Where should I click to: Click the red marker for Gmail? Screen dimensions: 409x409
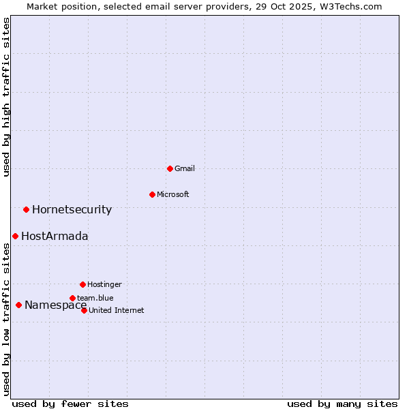point(170,168)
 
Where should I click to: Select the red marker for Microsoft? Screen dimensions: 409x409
point(152,194)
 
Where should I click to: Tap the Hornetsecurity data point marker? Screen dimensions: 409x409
point(26,209)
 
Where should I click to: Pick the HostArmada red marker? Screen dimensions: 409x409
point(15,236)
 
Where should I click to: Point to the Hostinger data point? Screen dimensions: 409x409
point(82,284)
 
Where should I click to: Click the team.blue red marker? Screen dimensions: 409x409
point(72,298)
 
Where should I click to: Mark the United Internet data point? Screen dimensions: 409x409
point(84,310)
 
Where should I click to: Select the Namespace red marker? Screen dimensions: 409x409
point(18,305)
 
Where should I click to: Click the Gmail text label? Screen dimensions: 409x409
point(185,168)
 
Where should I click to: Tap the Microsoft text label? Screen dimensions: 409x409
point(173,194)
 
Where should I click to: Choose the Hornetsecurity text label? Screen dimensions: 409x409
point(72,209)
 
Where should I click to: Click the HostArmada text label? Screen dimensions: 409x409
point(55,236)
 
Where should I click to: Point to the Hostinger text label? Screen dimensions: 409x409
point(104,284)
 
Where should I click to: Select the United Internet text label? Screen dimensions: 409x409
point(117,310)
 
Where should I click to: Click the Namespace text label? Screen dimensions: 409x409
point(55,305)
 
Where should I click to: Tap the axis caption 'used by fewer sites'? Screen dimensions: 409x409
point(70,404)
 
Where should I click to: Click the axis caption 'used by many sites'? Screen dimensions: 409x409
point(342,404)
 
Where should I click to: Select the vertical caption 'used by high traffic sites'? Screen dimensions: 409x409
point(6,97)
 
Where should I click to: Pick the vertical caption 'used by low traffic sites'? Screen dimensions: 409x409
point(6,319)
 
